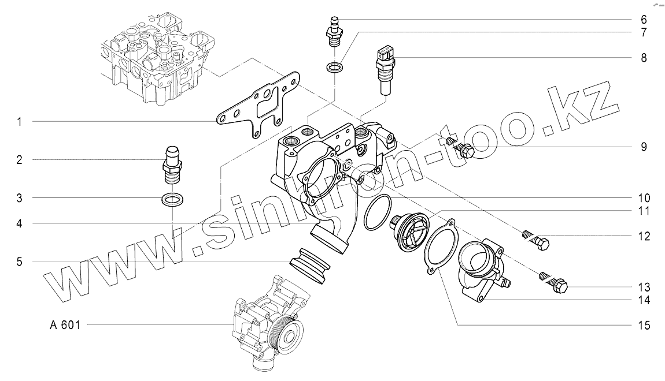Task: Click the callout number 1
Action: pos(19,122)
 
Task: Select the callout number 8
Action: pos(644,58)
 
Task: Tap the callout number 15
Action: pos(644,325)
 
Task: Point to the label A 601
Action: pos(65,325)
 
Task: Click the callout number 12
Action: pos(644,236)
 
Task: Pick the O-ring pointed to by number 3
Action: pos(173,199)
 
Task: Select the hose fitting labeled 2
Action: pos(173,165)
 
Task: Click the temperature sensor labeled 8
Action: pos(385,70)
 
